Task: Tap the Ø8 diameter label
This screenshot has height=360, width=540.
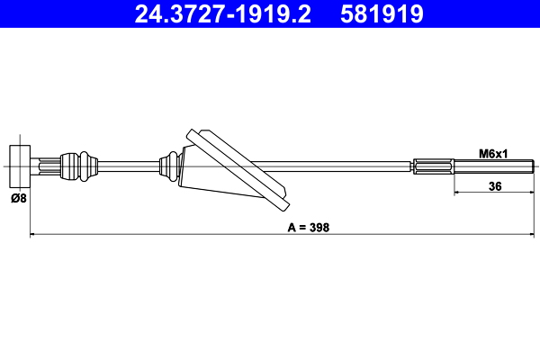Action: pyautogui.click(x=18, y=198)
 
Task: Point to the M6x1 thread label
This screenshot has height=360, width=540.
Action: pyautogui.click(x=493, y=154)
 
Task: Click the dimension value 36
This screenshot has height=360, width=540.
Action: pyautogui.click(x=494, y=186)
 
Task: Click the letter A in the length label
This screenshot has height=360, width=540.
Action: pyautogui.click(x=292, y=228)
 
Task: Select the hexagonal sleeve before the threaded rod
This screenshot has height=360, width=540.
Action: pyautogui.click(x=435, y=166)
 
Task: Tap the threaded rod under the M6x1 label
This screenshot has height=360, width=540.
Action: pyautogui.click(x=495, y=166)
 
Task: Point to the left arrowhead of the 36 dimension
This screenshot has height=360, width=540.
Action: pyautogui.click(x=454, y=193)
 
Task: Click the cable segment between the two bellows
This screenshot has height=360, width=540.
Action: pyautogui.click(x=126, y=165)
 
